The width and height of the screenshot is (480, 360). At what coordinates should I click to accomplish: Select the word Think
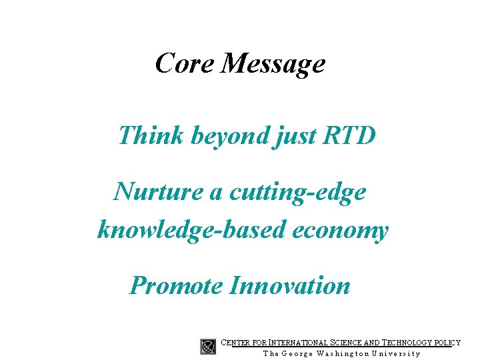(151, 135)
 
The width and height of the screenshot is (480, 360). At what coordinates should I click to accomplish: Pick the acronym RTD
(349, 135)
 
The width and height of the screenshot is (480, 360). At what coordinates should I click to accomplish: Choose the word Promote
(176, 286)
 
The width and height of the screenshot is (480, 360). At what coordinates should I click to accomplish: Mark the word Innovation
(289, 286)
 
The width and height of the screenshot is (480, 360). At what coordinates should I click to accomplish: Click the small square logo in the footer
(208, 347)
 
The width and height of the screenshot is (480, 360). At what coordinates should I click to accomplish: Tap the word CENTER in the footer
(236, 343)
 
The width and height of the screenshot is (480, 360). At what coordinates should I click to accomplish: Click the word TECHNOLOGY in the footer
(402, 343)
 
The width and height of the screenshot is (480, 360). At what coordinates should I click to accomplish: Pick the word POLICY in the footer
(446, 343)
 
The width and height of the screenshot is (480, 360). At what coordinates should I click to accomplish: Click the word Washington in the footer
(339, 353)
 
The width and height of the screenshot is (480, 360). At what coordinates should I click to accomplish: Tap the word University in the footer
(396, 353)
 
